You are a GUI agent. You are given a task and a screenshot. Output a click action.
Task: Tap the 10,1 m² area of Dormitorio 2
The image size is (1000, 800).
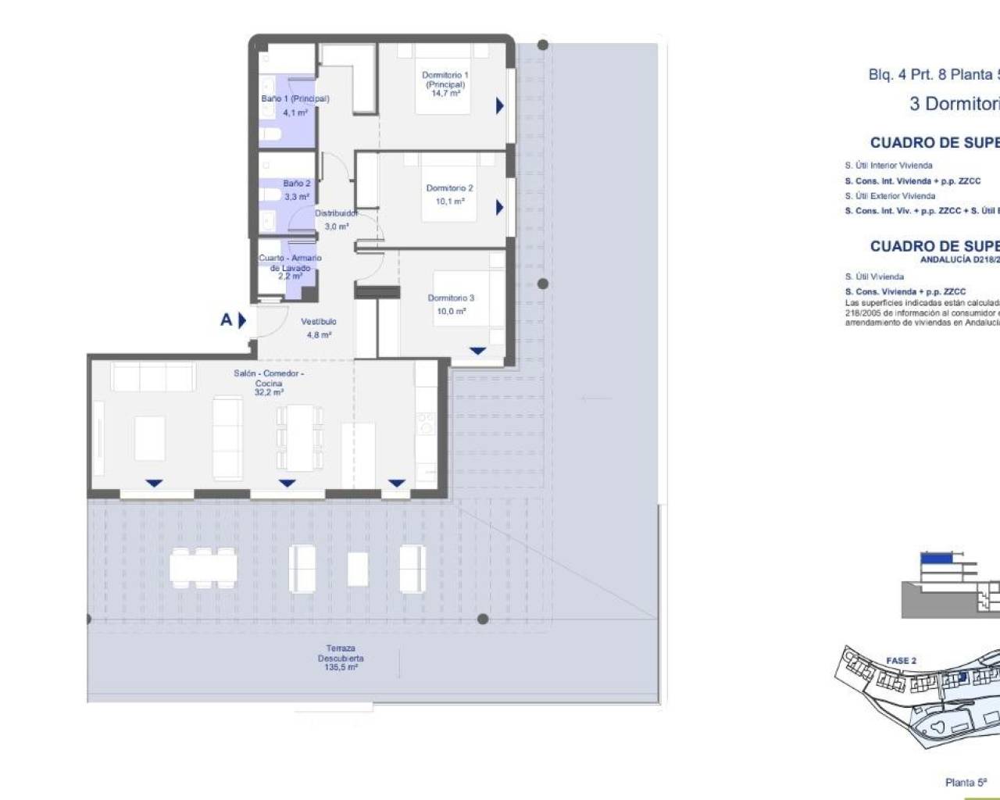pyautogui.click(x=450, y=202)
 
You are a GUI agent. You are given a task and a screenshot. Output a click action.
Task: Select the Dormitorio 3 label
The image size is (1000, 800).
pyautogui.click(x=451, y=298)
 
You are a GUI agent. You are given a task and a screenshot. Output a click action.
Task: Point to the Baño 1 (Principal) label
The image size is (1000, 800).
pyautogui.click(x=295, y=99)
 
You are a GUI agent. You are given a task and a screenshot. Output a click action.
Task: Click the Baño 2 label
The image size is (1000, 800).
pyautogui.click(x=296, y=184)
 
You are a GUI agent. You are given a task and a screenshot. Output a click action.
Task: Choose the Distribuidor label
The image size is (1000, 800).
pyautogui.click(x=336, y=213)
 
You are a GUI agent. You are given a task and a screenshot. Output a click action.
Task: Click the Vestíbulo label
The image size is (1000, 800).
pyautogui.click(x=319, y=321)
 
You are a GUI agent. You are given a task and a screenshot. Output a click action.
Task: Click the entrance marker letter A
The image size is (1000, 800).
pyautogui.click(x=226, y=320)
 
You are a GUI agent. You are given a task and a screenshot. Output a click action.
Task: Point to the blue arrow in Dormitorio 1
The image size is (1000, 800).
pyautogui.click(x=499, y=105)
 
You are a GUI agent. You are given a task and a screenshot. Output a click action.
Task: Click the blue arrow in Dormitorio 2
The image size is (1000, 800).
pyautogui.click(x=499, y=207)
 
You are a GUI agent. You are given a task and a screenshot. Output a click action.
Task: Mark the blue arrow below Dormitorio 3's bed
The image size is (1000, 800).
pyautogui.click(x=477, y=352)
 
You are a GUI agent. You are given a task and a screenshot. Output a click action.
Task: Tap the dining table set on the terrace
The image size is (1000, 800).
pyautogui.click(x=203, y=566)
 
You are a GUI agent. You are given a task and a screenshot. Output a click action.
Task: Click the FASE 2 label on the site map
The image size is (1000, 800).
pyautogui.click(x=901, y=660)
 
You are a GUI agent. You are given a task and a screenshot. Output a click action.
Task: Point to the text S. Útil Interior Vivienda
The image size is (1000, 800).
pyautogui.click(x=888, y=166)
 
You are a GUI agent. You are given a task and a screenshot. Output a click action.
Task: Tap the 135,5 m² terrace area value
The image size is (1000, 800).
pyautogui.click(x=341, y=668)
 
